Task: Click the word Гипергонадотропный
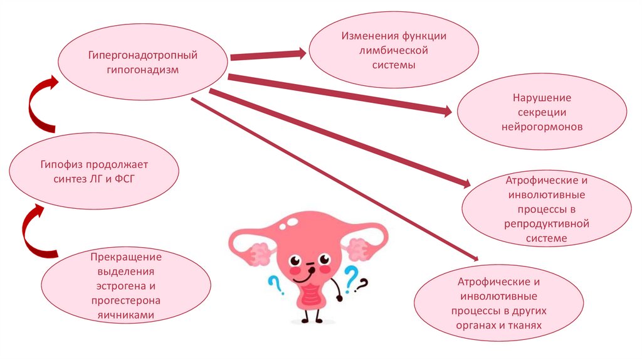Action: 142,55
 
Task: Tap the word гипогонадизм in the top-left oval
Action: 142,70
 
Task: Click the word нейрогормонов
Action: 542,126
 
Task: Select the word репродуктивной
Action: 545,224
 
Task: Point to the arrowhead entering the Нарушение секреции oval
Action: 445,111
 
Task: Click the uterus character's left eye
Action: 295,259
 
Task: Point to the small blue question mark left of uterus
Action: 274,286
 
